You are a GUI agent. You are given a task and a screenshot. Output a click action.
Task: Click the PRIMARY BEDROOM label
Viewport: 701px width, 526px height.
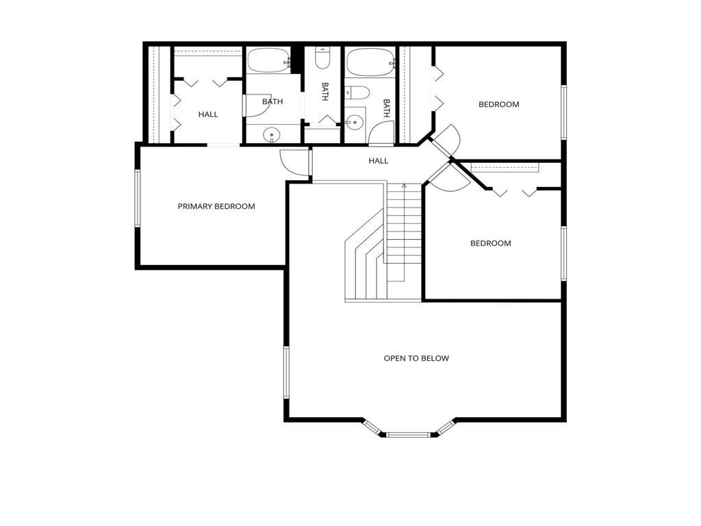click(x=216, y=206)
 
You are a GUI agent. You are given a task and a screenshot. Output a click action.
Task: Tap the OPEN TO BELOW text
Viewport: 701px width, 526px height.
click(x=416, y=358)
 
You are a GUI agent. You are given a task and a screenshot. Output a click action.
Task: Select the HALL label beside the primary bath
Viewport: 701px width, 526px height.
click(x=208, y=114)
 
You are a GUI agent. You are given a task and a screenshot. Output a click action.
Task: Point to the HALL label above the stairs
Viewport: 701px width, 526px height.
click(x=379, y=161)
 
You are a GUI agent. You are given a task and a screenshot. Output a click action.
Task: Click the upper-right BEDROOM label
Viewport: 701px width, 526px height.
click(x=498, y=105)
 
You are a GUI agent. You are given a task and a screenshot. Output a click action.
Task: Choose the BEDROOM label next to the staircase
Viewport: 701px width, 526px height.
click(x=490, y=243)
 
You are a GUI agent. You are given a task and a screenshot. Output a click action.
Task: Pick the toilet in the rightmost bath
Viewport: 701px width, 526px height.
click(x=357, y=92)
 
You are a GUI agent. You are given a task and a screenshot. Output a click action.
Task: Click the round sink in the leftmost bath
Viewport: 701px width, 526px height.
click(x=272, y=135)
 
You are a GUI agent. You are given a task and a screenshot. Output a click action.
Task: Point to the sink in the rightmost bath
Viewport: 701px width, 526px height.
click(x=355, y=123)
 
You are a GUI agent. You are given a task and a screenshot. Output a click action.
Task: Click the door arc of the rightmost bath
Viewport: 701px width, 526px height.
click(x=379, y=134)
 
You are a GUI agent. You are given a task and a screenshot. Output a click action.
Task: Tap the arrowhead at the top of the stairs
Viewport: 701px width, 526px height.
click(x=404, y=185)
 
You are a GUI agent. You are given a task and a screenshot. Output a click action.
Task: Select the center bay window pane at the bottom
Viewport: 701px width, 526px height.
click(x=409, y=434)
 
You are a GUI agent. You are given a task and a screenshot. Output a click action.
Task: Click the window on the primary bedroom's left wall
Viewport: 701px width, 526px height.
click(x=137, y=198)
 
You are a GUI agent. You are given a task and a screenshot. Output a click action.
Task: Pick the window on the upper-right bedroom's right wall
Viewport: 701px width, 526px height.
click(x=563, y=112)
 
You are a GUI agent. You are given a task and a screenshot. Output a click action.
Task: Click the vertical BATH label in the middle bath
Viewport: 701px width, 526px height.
click(x=325, y=92)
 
